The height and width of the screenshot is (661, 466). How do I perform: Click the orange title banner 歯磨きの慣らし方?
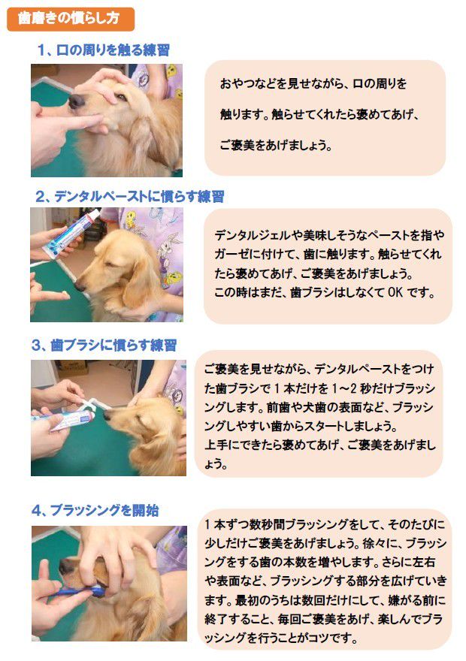click(x=71, y=19)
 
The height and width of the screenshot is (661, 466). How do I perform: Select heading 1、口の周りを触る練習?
click(x=104, y=50)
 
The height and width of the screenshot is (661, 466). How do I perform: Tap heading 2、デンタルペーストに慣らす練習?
click(x=129, y=197)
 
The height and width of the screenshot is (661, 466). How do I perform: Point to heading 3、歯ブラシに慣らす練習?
click(x=104, y=346)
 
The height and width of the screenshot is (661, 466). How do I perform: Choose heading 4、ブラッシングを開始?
click(x=95, y=511)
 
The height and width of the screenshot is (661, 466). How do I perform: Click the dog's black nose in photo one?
click(x=77, y=101)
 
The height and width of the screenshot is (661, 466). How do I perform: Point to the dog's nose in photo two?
click(x=80, y=288)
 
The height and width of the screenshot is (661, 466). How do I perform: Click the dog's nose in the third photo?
click(x=107, y=415)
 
